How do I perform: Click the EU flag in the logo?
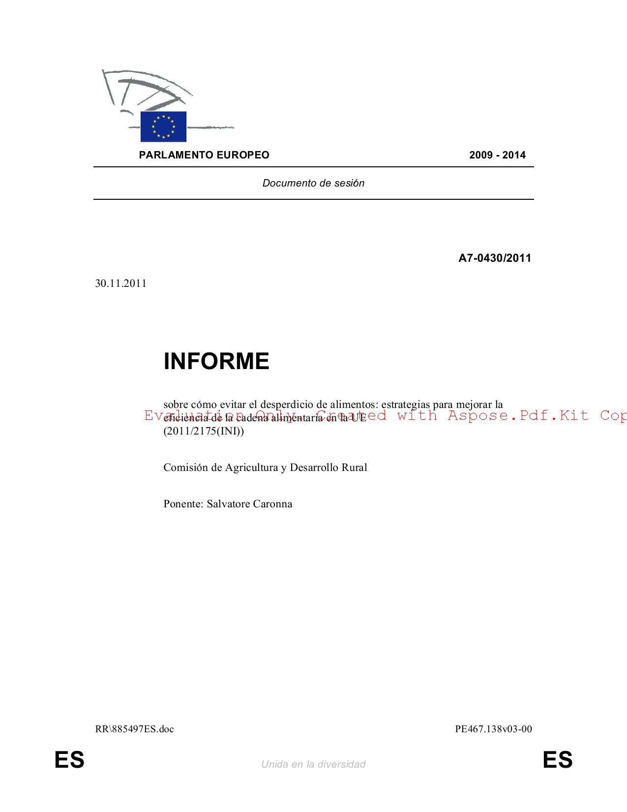[x=163, y=126]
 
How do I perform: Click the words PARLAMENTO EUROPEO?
[x=204, y=155]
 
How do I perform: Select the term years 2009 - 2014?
[x=497, y=155]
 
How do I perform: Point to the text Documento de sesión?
[x=313, y=183]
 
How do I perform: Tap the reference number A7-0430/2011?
[x=495, y=258]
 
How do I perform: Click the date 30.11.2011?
[x=121, y=283]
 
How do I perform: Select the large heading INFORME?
[x=216, y=361]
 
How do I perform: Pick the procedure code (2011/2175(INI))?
[x=204, y=431]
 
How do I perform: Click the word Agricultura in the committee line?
[x=252, y=468]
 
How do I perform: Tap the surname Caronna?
[x=272, y=504]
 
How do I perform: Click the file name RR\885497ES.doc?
[x=135, y=729]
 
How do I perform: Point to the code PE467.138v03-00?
[x=493, y=729]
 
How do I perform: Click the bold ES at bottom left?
[x=69, y=760]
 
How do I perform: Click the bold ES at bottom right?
[x=558, y=760]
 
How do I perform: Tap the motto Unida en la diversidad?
[x=313, y=764]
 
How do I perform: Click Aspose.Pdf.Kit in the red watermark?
[x=518, y=415]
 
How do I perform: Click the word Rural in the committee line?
[x=354, y=468]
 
